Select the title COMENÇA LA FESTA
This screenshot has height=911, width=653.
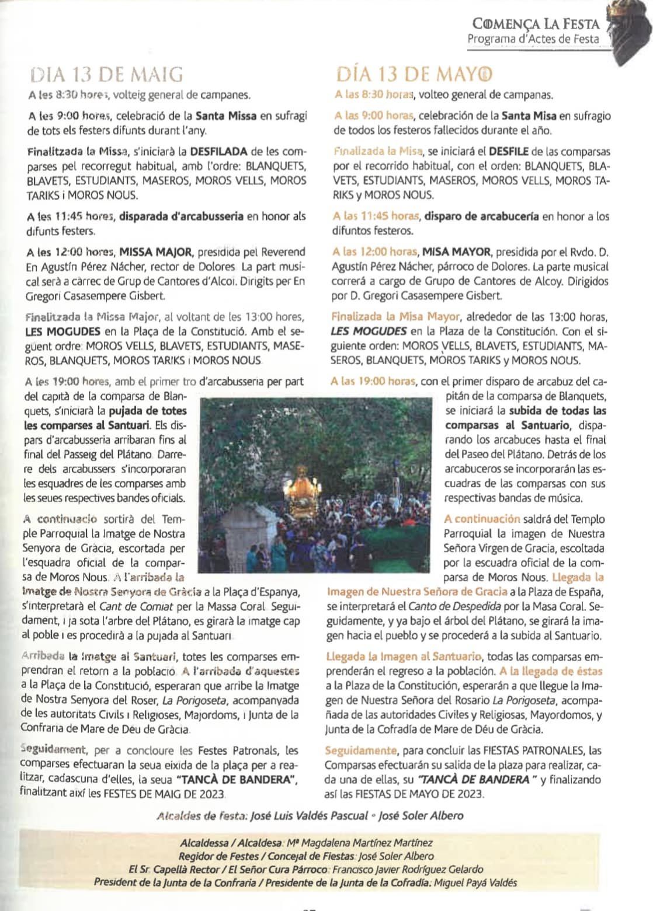537,24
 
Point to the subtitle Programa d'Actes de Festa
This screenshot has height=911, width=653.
533,39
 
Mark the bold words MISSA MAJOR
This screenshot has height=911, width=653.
155,253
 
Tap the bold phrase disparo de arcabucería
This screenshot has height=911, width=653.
482,217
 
